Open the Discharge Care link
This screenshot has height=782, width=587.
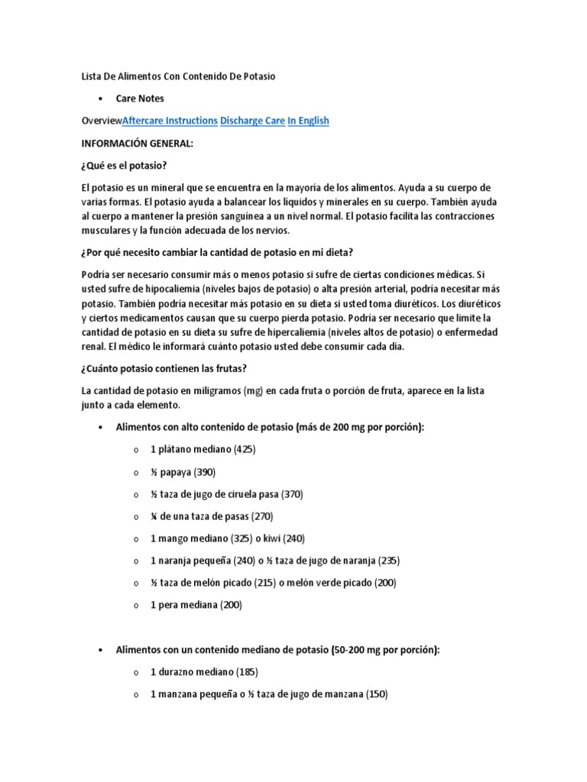(252, 121)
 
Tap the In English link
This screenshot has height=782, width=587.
(308, 121)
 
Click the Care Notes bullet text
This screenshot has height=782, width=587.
(140, 99)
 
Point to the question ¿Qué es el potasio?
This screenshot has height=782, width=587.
(124, 166)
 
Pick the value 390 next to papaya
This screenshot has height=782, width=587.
(203, 472)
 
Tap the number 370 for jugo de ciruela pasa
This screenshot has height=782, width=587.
(290, 494)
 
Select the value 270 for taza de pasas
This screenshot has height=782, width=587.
(259, 516)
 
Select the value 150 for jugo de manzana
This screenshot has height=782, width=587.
(375, 694)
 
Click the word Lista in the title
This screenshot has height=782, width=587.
(92, 76)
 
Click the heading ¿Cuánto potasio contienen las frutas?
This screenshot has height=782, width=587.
(164, 369)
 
